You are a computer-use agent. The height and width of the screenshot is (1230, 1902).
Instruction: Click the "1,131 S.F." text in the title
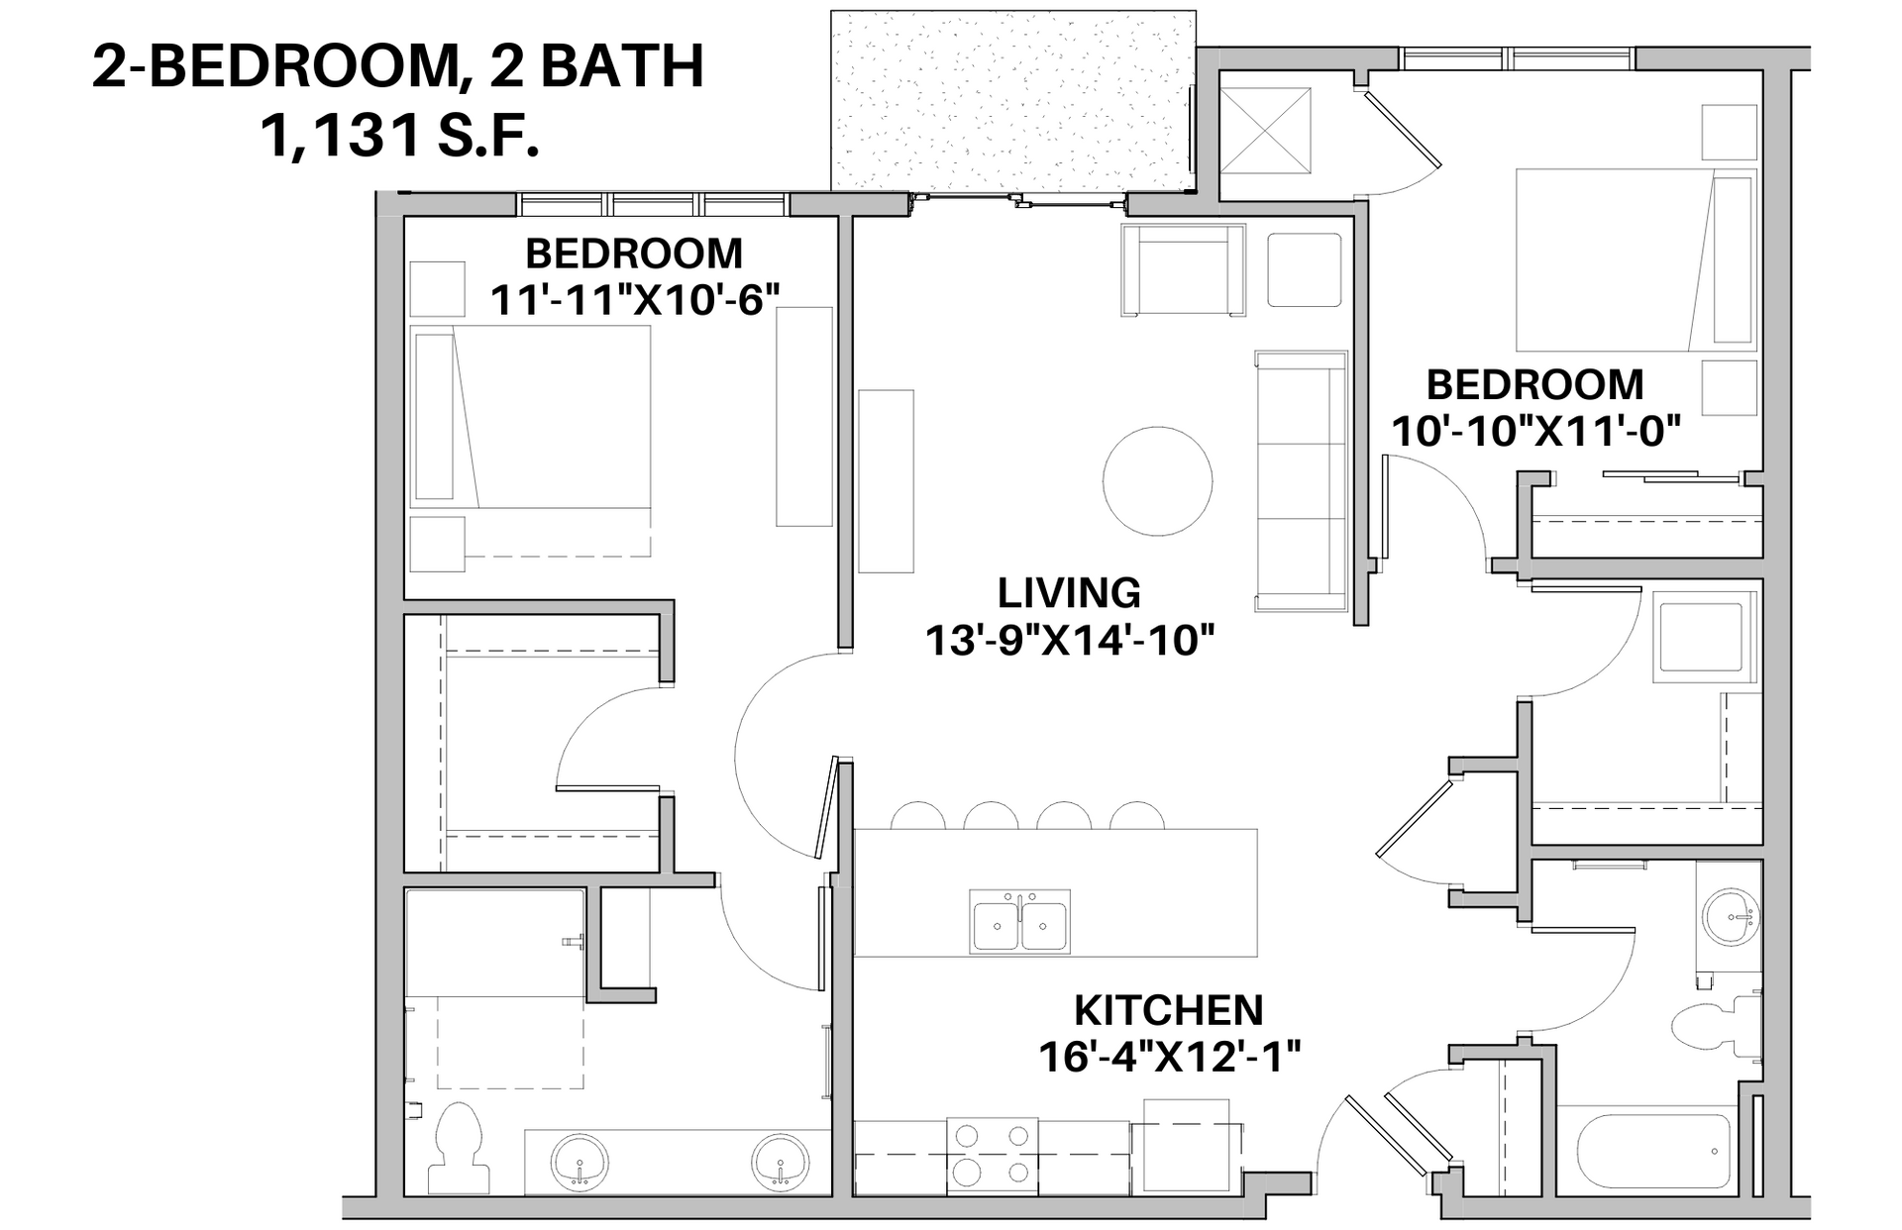pos(399,136)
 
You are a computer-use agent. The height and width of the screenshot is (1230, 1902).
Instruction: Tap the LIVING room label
pos(1069,593)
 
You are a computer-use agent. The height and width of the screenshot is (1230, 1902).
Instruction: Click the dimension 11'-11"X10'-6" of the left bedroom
pos(635,300)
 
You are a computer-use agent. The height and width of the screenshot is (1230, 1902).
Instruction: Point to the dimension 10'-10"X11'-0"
pos(1536,431)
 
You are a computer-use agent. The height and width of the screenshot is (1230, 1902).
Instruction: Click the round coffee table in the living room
pos(1157,481)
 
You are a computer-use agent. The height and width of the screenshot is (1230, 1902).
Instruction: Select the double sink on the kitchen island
pos(1020,921)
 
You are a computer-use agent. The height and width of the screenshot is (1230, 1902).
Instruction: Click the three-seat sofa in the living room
pos(1302,480)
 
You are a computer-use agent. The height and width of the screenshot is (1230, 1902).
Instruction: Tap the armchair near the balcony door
pos(1183,270)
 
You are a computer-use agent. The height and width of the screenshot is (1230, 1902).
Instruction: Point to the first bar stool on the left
pos(917,817)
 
